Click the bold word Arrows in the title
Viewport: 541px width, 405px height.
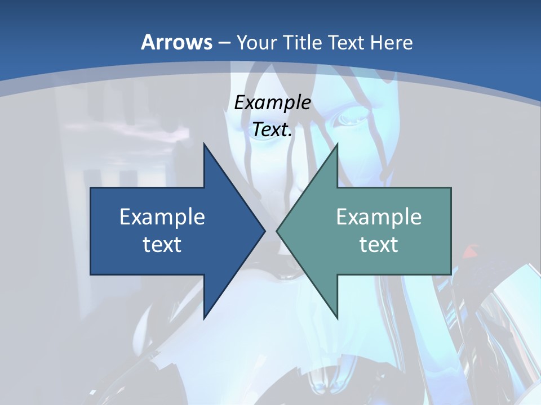[x=176, y=42]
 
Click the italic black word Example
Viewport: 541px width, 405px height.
[x=272, y=102]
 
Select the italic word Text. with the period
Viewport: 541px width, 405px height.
[x=272, y=129]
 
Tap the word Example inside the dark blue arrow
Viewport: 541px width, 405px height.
[x=162, y=217]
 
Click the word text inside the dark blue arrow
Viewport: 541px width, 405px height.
[x=162, y=244]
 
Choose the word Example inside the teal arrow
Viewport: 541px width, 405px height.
[x=379, y=217]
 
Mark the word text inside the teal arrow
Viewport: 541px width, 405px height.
[x=379, y=244]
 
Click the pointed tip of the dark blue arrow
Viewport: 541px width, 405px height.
[x=264, y=231]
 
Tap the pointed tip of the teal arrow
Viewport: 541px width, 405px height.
[x=277, y=231]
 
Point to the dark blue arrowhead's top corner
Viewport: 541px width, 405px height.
[x=205, y=145]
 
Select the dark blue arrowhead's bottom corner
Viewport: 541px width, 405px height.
[x=205, y=318]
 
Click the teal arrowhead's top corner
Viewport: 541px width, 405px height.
[x=337, y=145]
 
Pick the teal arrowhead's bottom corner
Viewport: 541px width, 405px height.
[x=337, y=318]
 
